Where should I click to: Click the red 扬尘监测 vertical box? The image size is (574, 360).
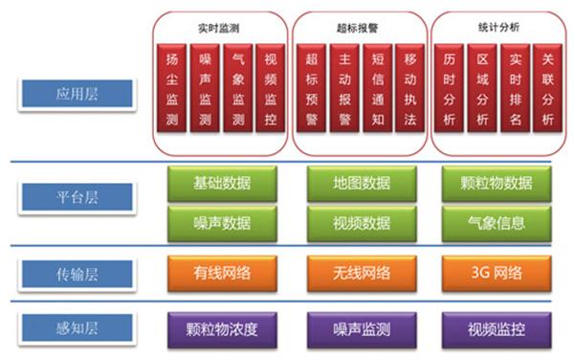pyautogui.click(x=171, y=87)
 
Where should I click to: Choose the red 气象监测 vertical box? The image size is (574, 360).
pyautogui.click(x=237, y=87)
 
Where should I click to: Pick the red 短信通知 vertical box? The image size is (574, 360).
pyautogui.click(x=375, y=87)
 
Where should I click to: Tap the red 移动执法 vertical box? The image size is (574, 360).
pyautogui.click(x=408, y=87)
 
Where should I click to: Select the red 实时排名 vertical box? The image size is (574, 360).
pyautogui.click(x=514, y=87)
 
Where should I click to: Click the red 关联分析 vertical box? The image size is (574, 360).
pyautogui.click(x=546, y=87)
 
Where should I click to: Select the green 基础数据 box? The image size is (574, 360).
pyautogui.click(x=221, y=183)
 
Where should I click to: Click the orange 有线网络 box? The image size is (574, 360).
pyautogui.click(x=221, y=273)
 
